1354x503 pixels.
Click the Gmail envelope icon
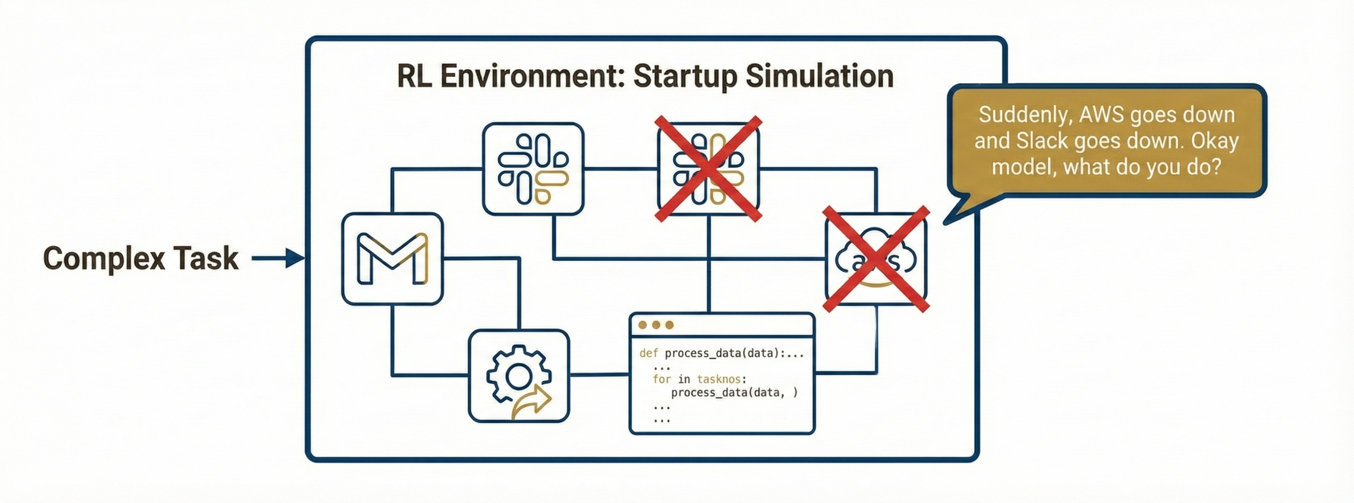click(392, 259)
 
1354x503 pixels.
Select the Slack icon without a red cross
click(533, 169)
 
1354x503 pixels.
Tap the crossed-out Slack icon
click(708, 169)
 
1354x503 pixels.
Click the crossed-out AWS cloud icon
click(876, 259)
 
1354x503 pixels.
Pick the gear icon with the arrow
click(519, 376)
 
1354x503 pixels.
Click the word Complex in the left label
click(103, 258)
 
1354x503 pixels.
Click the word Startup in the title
click(685, 76)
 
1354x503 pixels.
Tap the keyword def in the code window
click(648, 354)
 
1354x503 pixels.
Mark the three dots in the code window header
click(656, 325)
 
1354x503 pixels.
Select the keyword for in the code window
click(661, 379)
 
